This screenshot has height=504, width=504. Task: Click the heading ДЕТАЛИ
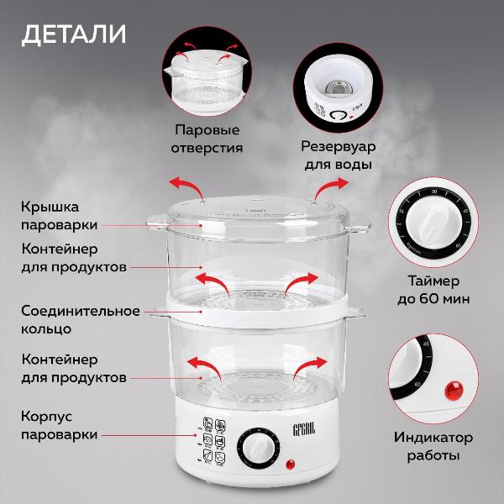click(x=73, y=34)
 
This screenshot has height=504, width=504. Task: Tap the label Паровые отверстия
click(x=208, y=139)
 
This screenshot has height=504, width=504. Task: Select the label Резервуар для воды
click(x=339, y=155)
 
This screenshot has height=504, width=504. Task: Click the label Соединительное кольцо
click(x=80, y=319)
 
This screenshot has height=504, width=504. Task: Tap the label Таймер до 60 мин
click(x=434, y=289)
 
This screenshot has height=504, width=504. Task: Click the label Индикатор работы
click(x=433, y=446)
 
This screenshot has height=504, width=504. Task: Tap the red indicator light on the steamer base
click(x=291, y=464)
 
